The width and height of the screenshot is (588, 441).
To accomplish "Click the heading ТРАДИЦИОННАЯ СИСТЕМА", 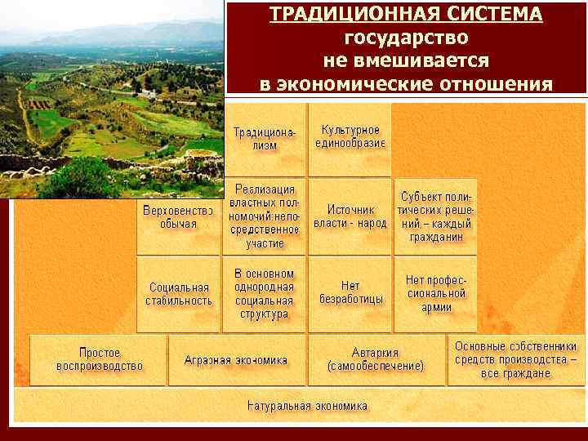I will coord(406,15).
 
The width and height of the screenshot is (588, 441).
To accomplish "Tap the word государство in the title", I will coord(406,38).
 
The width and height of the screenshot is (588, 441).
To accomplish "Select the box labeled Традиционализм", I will coord(265,139).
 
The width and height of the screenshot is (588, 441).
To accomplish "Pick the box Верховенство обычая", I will coord(178,217).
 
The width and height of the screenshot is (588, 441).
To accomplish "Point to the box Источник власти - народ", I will coord(350,216).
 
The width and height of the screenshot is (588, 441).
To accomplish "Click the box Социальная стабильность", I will coord(179,294).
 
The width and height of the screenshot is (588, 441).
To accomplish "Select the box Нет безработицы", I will coord(350,293).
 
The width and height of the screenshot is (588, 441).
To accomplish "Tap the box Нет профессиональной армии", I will coord(436,293).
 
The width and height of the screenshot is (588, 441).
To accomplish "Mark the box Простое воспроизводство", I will coord(100,359).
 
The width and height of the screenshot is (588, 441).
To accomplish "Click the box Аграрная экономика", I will coord(236,359).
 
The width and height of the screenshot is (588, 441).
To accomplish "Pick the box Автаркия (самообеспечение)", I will coord(376,359).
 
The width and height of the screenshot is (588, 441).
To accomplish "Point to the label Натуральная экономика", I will coord(307,406).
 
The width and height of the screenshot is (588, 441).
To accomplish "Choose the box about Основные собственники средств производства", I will coord(515,359).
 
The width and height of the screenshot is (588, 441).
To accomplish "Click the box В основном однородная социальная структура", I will coord(263,293).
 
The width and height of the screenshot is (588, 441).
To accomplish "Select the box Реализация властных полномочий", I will coord(265,216).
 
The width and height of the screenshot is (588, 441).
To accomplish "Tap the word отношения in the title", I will coord(502,84).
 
